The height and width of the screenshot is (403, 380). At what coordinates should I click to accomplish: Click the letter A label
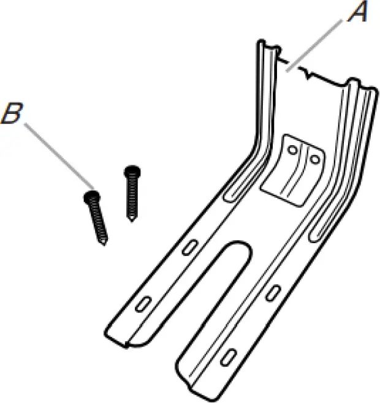(357, 12)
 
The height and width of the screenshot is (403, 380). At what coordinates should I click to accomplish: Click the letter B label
(13, 115)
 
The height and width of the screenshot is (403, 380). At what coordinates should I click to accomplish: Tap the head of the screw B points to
(91, 197)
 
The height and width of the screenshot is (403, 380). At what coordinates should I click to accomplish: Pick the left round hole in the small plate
(293, 150)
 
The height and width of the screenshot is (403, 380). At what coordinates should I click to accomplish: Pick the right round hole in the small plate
(314, 159)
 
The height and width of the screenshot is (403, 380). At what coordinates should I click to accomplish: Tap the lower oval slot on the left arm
(145, 304)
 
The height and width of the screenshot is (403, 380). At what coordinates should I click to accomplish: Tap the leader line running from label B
(58, 156)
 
